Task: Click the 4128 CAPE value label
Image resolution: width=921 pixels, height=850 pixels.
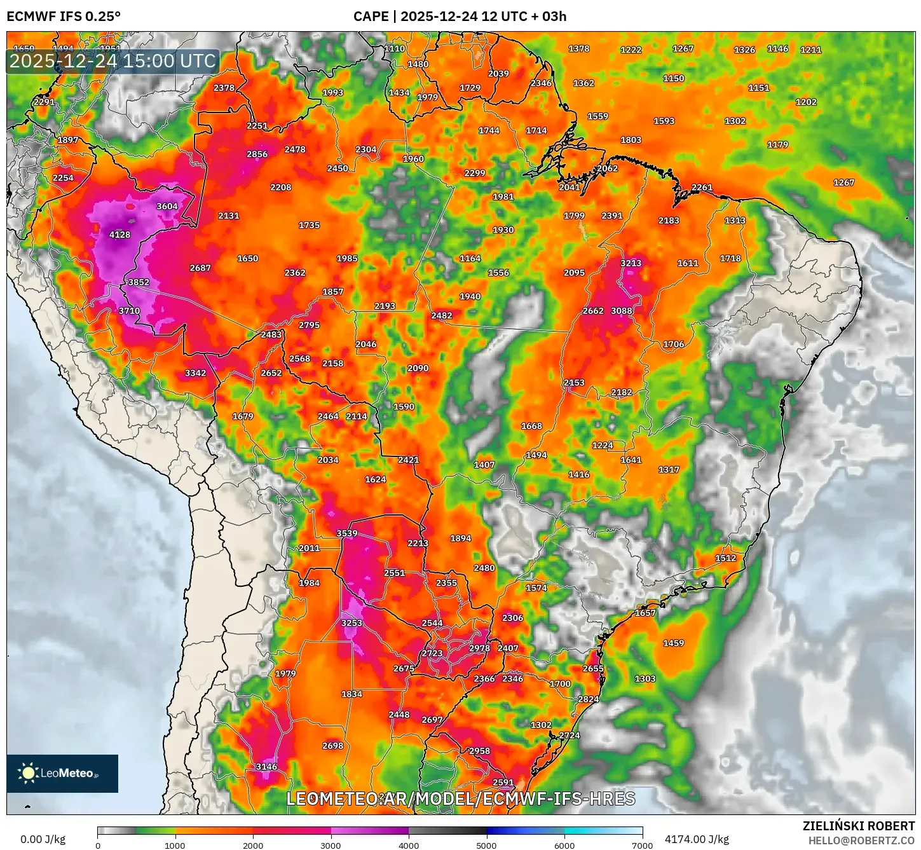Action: [119, 235]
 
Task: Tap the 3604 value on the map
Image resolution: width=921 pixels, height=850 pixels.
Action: [167, 206]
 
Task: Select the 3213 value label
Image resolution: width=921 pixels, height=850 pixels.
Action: [631, 263]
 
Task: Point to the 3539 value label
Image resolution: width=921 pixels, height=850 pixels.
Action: [347, 533]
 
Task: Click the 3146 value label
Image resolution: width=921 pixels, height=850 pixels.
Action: [266, 767]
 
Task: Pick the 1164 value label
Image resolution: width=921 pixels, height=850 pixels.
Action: [470, 258]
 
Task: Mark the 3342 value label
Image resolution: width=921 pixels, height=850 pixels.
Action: [195, 373]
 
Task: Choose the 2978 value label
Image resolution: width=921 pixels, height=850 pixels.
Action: [479, 648]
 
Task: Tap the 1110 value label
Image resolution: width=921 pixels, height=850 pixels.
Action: [395, 48]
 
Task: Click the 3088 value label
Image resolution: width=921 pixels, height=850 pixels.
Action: [622, 311]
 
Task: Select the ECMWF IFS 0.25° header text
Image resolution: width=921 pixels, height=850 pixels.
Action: [64, 17]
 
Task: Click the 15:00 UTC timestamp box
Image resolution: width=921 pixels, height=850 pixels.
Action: [113, 61]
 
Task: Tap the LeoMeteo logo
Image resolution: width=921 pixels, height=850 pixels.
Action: [62, 773]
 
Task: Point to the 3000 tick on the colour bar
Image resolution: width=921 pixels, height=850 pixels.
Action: [331, 845]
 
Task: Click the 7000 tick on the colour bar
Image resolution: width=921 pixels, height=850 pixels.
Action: [642, 845]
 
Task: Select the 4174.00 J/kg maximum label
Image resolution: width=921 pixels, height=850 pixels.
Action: [697, 839]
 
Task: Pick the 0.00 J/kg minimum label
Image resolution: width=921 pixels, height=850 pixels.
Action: [43, 839]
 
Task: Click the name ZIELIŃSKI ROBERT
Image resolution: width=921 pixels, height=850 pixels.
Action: [858, 826]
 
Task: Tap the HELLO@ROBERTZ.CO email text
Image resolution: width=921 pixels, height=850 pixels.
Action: [861, 840]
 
